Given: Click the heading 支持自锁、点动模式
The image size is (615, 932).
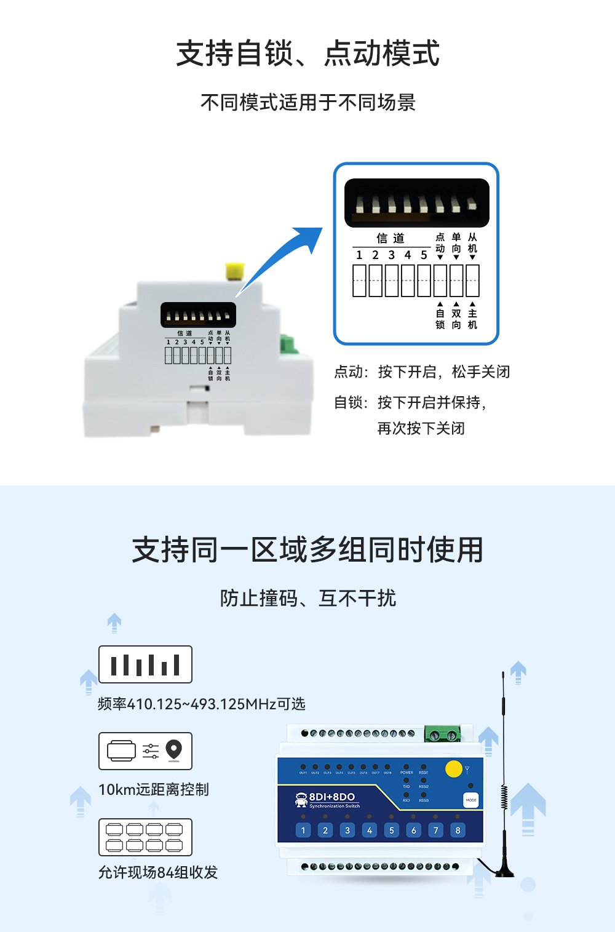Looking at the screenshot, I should click(307, 54).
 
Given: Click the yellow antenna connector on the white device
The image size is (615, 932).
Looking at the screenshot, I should click(235, 271).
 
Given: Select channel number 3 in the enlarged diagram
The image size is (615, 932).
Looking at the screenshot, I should click(391, 255).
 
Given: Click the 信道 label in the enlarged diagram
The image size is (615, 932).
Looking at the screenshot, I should click(391, 238).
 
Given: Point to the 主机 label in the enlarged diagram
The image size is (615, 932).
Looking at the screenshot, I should click(472, 319).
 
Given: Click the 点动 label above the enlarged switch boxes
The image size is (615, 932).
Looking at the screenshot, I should click(440, 243).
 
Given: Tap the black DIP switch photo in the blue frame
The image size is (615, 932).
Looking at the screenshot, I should click(416, 203).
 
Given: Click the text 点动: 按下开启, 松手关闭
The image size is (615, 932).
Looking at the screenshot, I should click(422, 372).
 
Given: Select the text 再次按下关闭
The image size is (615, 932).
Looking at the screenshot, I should click(421, 428).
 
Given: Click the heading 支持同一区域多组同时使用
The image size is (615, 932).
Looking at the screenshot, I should click(307, 549).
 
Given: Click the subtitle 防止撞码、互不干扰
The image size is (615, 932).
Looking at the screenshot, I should click(307, 598).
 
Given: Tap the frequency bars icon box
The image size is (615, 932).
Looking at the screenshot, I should click(145, 664).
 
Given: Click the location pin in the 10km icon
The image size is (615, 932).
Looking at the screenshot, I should click(174, 749).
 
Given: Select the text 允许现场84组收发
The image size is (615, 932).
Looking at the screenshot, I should click(158, 872).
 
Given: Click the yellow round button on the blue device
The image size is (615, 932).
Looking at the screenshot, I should click(453, 769).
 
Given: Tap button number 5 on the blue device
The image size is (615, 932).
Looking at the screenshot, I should click(391, 830).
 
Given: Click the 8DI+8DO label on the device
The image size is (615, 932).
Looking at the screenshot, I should click(331, 797).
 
